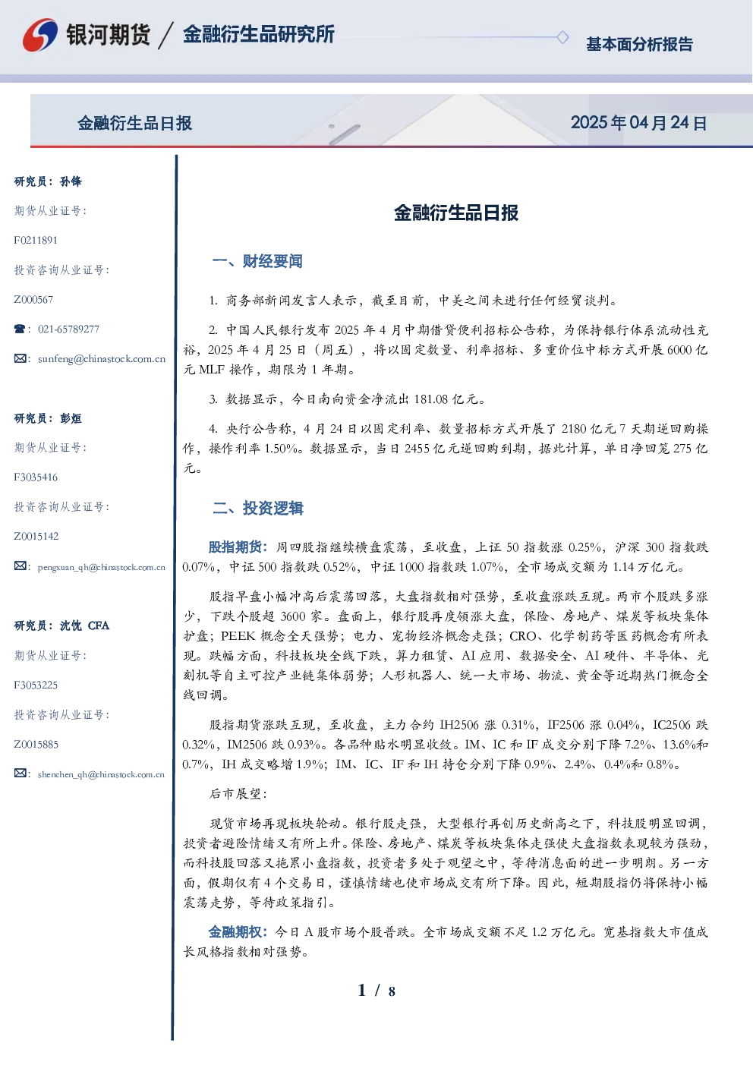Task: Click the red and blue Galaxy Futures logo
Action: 40,35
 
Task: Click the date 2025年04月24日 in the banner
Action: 638,123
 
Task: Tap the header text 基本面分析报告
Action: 639,44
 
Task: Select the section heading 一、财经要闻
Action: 257,261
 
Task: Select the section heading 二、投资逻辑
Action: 257,508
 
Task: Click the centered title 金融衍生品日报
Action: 456,213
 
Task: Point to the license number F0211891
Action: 36,240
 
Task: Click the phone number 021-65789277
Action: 69,329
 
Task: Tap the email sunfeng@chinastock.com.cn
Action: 102,359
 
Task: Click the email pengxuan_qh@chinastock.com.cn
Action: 102,567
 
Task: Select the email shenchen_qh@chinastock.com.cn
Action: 101,774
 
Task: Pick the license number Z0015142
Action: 36,537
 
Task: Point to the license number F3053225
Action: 36,685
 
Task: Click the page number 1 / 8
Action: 376,991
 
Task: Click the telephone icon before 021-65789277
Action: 20,329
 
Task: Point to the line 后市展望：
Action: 238,793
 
